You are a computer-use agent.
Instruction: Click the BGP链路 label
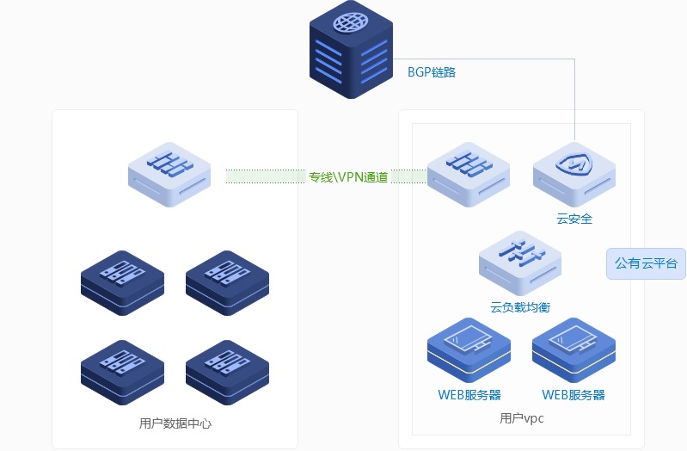[431, 72]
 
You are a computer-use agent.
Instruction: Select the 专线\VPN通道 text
[348, 177]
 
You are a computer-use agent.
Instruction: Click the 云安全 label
[574, 219]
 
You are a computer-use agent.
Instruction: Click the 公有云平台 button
[646, 263]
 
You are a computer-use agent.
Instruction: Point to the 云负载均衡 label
[520, 306]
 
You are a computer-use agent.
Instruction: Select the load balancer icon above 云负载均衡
[519, 257]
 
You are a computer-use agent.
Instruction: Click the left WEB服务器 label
[469, 395]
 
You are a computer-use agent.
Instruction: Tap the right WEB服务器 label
[574, 395]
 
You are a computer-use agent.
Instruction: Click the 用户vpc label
[522, 418]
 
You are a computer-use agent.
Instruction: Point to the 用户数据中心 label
[175, 423]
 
